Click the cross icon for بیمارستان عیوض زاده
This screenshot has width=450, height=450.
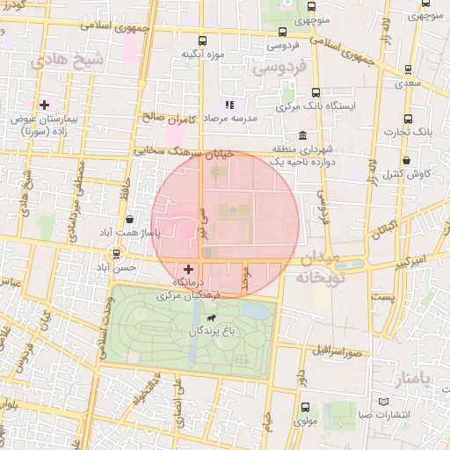pyautogui.click(x=44, y=105)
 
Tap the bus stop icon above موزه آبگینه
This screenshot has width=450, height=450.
pyautogui.click(x=204, y=40)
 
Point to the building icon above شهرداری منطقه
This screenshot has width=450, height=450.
pyautogui.click(x=302, y=135)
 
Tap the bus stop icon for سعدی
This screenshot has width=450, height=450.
pyautogui.click(x=408, y=69)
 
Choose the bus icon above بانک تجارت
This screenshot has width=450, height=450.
pyautogui.click(x=408, y=119)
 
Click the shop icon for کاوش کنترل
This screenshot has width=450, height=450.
pyautogui.click(x=408, y=161)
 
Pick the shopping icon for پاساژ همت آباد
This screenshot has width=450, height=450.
pyautogui.click(x=130, y=219)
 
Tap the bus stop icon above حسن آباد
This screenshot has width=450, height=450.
pyautogui.click(x=116, y=253)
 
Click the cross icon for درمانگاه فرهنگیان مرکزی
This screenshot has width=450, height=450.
pyautogui.click(x=188, y=268)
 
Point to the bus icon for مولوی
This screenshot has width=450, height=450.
pyautogui.click(x=305, y=407)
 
